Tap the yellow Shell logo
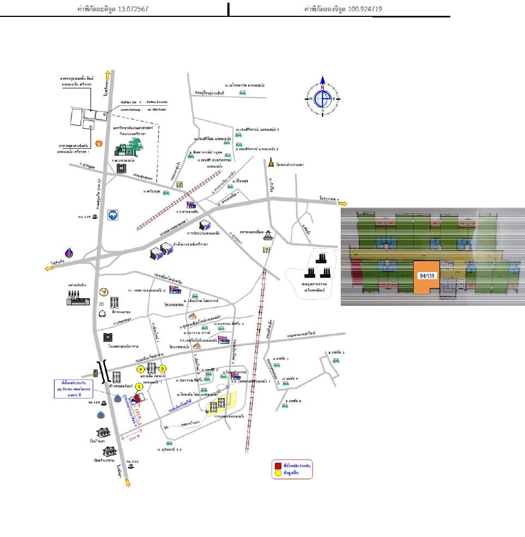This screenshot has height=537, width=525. click(99, 143)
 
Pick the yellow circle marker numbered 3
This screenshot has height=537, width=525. click(162, 369)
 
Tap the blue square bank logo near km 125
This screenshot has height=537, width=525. click(112, 215)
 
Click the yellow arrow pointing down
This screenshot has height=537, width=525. click(128, 482)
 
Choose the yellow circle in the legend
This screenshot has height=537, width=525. click(276, 474)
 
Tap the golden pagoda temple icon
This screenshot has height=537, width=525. click(271, 162)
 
